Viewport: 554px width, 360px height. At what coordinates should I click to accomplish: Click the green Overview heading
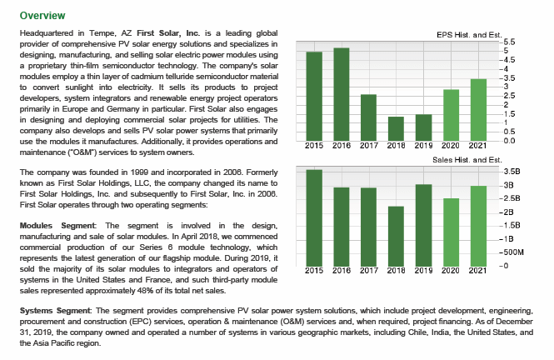coord(42,16)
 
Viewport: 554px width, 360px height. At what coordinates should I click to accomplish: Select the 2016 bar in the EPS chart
coord(342,94)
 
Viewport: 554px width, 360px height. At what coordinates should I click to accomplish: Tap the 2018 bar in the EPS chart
coord(396,128)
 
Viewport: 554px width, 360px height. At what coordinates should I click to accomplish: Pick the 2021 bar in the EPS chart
coord(478,110)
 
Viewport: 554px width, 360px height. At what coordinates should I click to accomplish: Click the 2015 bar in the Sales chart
coord(314,217)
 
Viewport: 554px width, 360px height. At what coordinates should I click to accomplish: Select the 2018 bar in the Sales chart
coord(396,236)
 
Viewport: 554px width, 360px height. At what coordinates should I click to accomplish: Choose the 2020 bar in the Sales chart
coord(452,232)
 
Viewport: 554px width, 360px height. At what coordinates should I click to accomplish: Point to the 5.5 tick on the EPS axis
coord(509,42)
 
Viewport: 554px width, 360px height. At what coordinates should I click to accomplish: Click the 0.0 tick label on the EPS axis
coord(509,141)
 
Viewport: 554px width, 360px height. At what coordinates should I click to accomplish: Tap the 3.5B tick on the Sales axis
coord(512,172)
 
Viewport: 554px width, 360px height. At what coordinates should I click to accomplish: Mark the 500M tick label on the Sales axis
coord(513,252)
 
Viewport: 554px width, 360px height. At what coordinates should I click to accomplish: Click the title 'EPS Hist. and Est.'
coord(469,35)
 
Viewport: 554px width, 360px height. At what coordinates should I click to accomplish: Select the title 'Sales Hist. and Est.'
coord(467,160)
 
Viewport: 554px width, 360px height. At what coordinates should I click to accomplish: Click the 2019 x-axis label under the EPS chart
coord(423,146)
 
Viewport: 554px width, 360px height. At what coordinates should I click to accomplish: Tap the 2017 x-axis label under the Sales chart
coord(369,271)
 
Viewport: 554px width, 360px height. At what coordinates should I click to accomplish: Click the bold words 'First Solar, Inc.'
coord(168,33)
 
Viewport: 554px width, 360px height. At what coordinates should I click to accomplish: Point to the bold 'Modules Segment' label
coord(57,225)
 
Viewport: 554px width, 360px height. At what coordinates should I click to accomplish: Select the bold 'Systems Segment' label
coord(55,311)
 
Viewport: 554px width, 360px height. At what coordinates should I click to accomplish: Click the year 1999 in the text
coord(139,172)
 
